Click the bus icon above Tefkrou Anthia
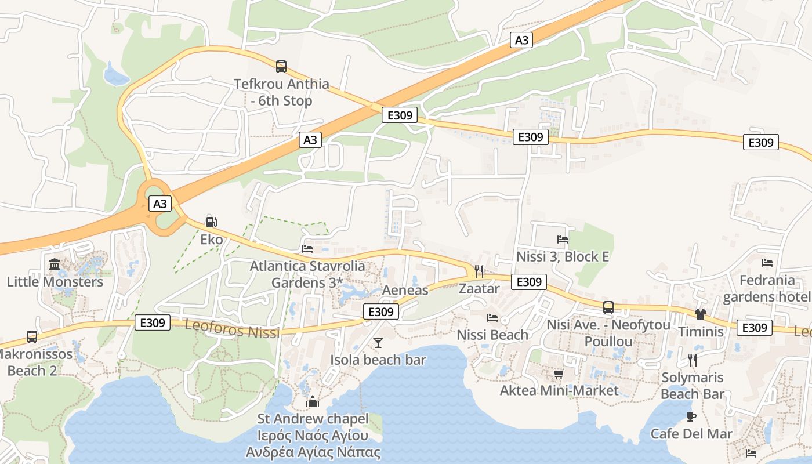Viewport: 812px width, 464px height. click(281, 66)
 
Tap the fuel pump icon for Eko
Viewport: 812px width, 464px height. click(212, 222)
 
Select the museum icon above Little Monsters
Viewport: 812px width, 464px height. click(55, 264)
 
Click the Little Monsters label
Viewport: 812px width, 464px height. click(55, 282)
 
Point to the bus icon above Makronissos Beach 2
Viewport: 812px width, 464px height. click(32, 336)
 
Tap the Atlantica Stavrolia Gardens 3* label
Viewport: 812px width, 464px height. click(307, 274)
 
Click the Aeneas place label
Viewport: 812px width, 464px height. click(405, 290)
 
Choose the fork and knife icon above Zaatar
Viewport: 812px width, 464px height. click(479, 271)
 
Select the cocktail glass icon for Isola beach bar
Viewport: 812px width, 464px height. click(378, 343)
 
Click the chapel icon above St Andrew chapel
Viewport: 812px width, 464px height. click(313, 401)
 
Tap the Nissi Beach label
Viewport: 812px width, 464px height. click(492, 335)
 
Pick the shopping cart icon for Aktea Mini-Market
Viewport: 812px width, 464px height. click(559, 374)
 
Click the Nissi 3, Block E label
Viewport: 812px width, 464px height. click(563, 256)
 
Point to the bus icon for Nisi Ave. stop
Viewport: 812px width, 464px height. click(608, 307)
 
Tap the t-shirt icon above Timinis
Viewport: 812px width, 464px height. click(701, 314)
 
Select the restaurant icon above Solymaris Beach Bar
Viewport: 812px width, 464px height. click(692, 360)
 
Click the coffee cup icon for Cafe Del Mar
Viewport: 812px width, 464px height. click(691, 416)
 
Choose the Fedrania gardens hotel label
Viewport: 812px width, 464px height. click(767, 288)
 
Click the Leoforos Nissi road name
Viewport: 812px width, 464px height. click(232, 329)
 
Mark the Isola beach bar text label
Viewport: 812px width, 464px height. click(378, 360)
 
